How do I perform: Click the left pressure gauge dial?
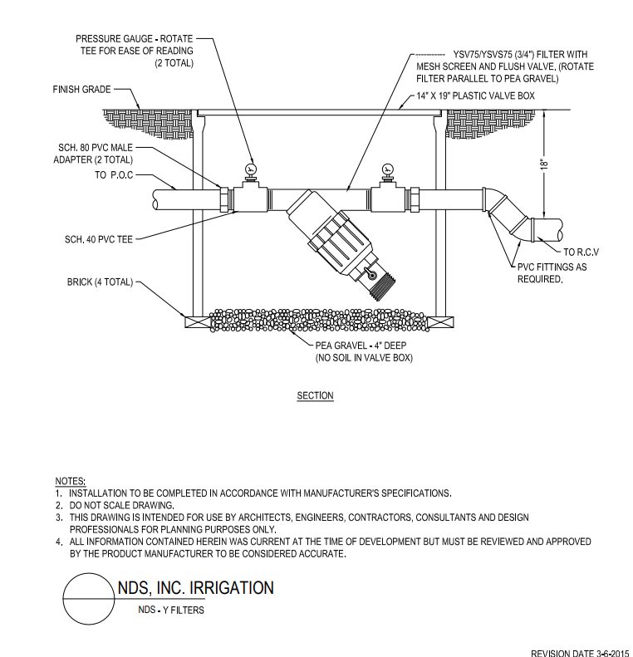251,169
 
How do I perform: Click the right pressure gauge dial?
387,169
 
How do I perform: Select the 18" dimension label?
544,164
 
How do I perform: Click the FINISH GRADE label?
81,89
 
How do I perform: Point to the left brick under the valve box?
198,322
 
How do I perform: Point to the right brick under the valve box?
442,322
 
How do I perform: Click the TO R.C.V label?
581,253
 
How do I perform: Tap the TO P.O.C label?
114,175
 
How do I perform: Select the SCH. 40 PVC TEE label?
99,239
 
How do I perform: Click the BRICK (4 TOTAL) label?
100,282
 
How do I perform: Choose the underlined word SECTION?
315,395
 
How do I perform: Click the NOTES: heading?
71,481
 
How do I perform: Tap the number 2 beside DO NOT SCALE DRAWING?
59,505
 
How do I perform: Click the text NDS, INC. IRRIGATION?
196,588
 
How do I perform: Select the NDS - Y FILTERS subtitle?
171,610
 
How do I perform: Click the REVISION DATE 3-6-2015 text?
580,653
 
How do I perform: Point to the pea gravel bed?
319,321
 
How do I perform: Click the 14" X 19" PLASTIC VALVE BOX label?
475,96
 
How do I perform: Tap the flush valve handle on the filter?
370,273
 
